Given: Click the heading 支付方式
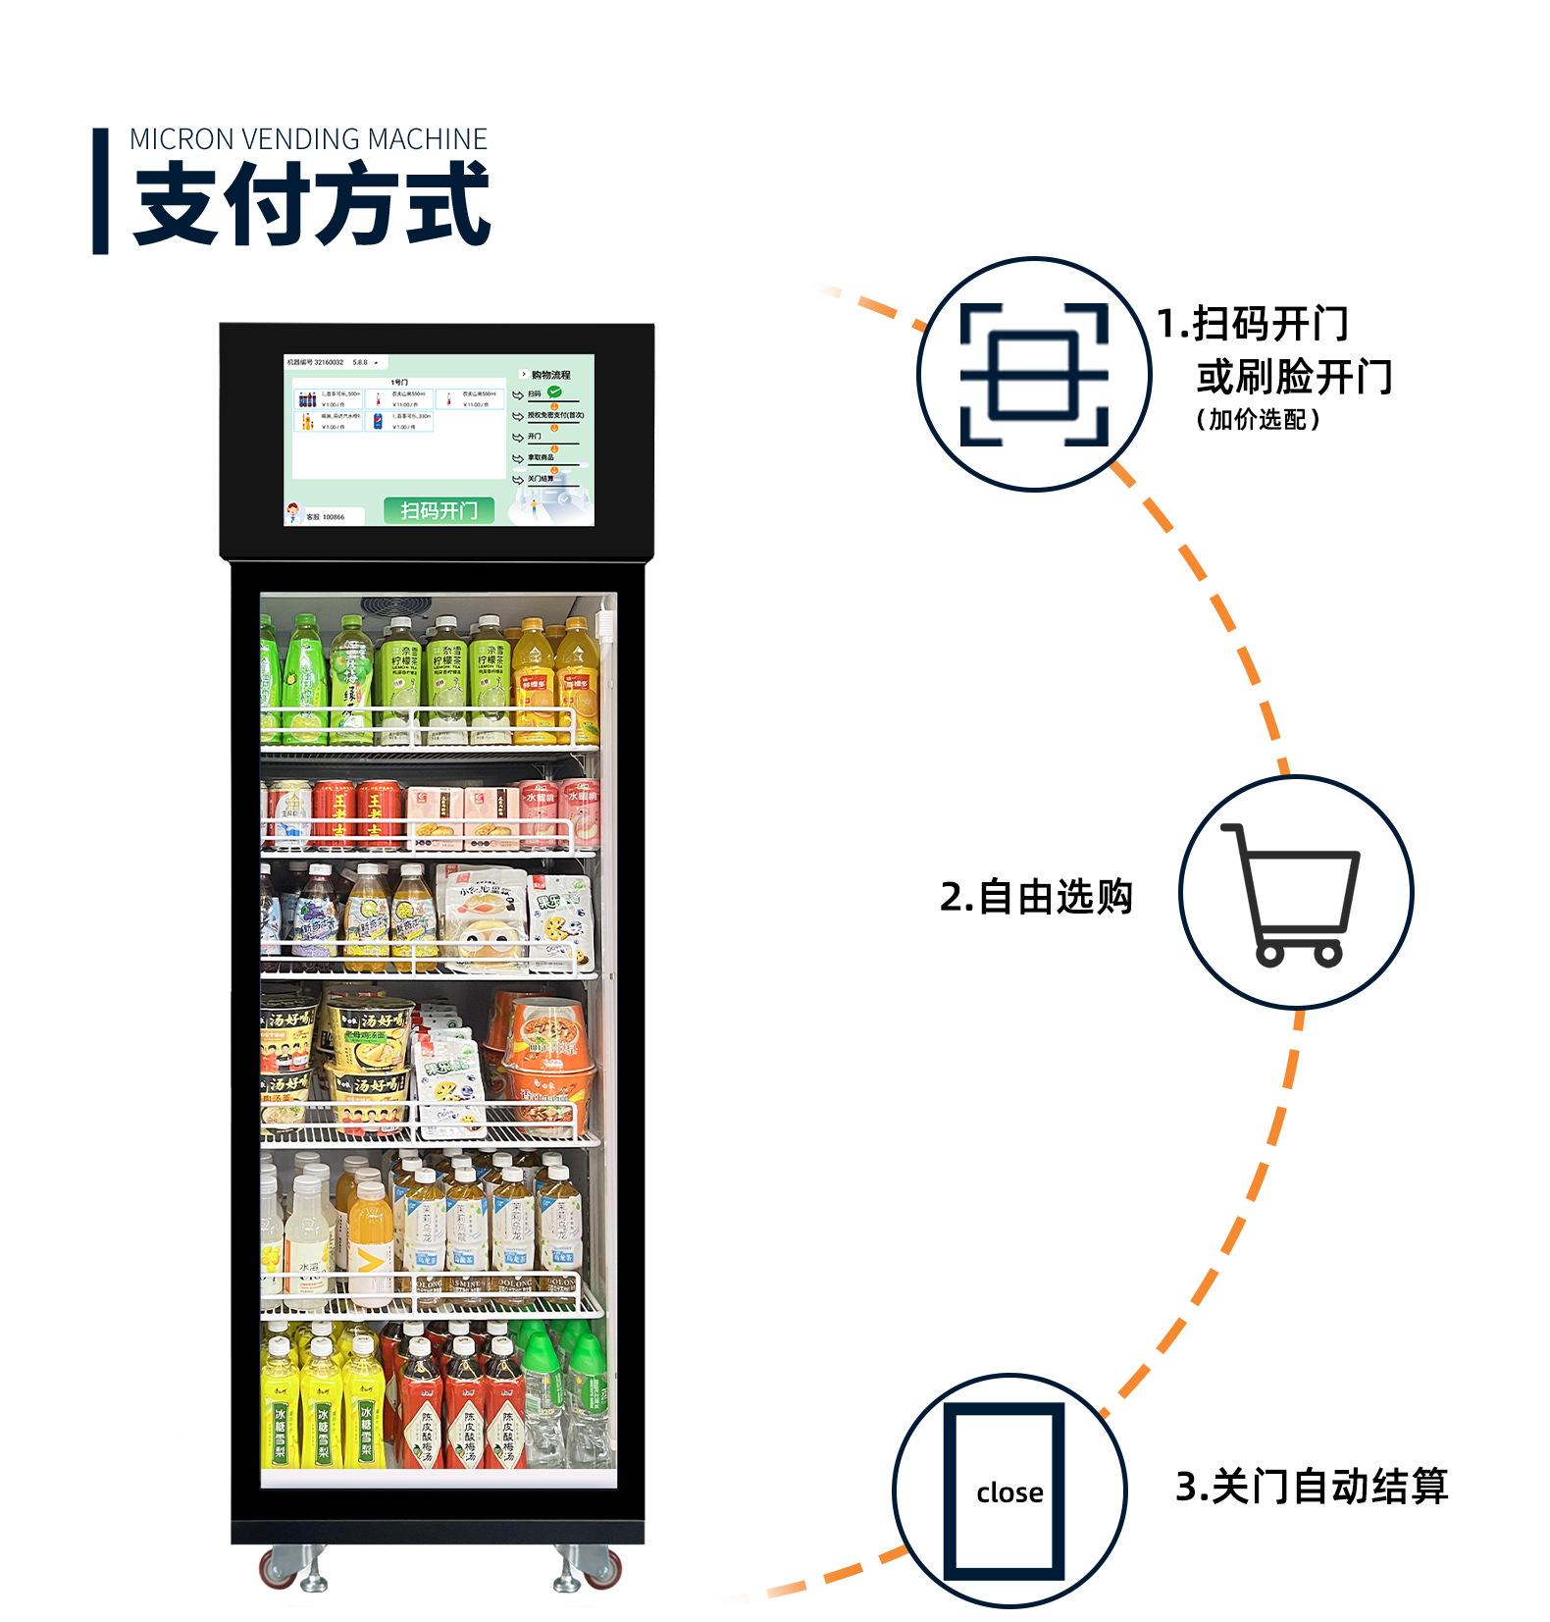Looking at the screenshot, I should [x=312, y=204].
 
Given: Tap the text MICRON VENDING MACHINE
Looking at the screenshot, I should [x=308, y=139].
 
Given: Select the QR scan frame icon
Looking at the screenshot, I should [x=1034, y=374].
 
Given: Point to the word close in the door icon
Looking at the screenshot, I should [x=1009, y=1492].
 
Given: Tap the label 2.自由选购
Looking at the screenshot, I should [x=1036, y=897].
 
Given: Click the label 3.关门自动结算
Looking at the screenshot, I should [x=1311, y=1487].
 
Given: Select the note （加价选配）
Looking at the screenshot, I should [x=1258, y=420].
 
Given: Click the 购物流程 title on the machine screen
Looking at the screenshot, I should [x=550, y=375].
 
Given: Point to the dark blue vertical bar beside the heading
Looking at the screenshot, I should [x=100, y=191].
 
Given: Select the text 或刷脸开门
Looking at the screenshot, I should [x=1293, y=377].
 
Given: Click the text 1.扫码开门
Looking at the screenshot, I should [x=1252, y=324].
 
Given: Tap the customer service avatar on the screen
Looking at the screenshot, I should [x=292, y=512].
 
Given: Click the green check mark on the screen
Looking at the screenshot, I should [x=554, y=392].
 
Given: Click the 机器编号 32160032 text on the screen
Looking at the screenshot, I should [x=316, y=362].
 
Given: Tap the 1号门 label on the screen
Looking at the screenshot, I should [x=399, y=382].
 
